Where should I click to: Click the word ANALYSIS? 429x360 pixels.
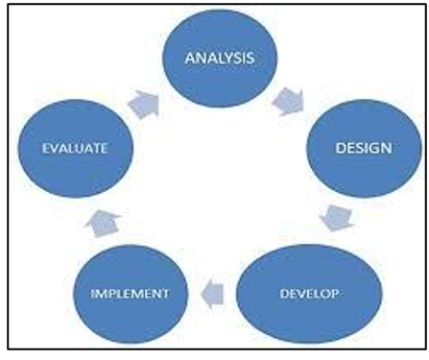220,58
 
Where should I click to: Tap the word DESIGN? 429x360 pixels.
364,148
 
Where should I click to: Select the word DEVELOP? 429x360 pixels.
309,294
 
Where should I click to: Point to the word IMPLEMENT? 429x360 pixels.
130,294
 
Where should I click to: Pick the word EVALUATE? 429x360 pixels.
75,148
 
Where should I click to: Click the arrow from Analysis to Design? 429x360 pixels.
288,102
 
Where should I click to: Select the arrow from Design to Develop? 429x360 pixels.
337,218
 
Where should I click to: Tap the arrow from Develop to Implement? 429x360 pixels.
212,294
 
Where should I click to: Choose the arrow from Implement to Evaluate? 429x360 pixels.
103,223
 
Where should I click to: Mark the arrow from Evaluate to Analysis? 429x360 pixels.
144,105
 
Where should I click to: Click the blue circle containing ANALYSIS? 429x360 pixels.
220,59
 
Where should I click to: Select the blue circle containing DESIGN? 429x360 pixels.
364,148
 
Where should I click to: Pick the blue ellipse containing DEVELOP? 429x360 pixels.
309,294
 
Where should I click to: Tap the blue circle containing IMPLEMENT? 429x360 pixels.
131,294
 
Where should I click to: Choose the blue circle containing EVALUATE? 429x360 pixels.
75,149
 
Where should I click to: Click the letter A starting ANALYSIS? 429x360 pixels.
190,59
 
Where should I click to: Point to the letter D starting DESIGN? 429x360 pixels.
340,148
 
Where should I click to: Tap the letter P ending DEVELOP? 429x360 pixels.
335,294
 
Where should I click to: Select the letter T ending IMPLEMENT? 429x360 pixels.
165,294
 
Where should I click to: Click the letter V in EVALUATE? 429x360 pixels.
55,148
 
